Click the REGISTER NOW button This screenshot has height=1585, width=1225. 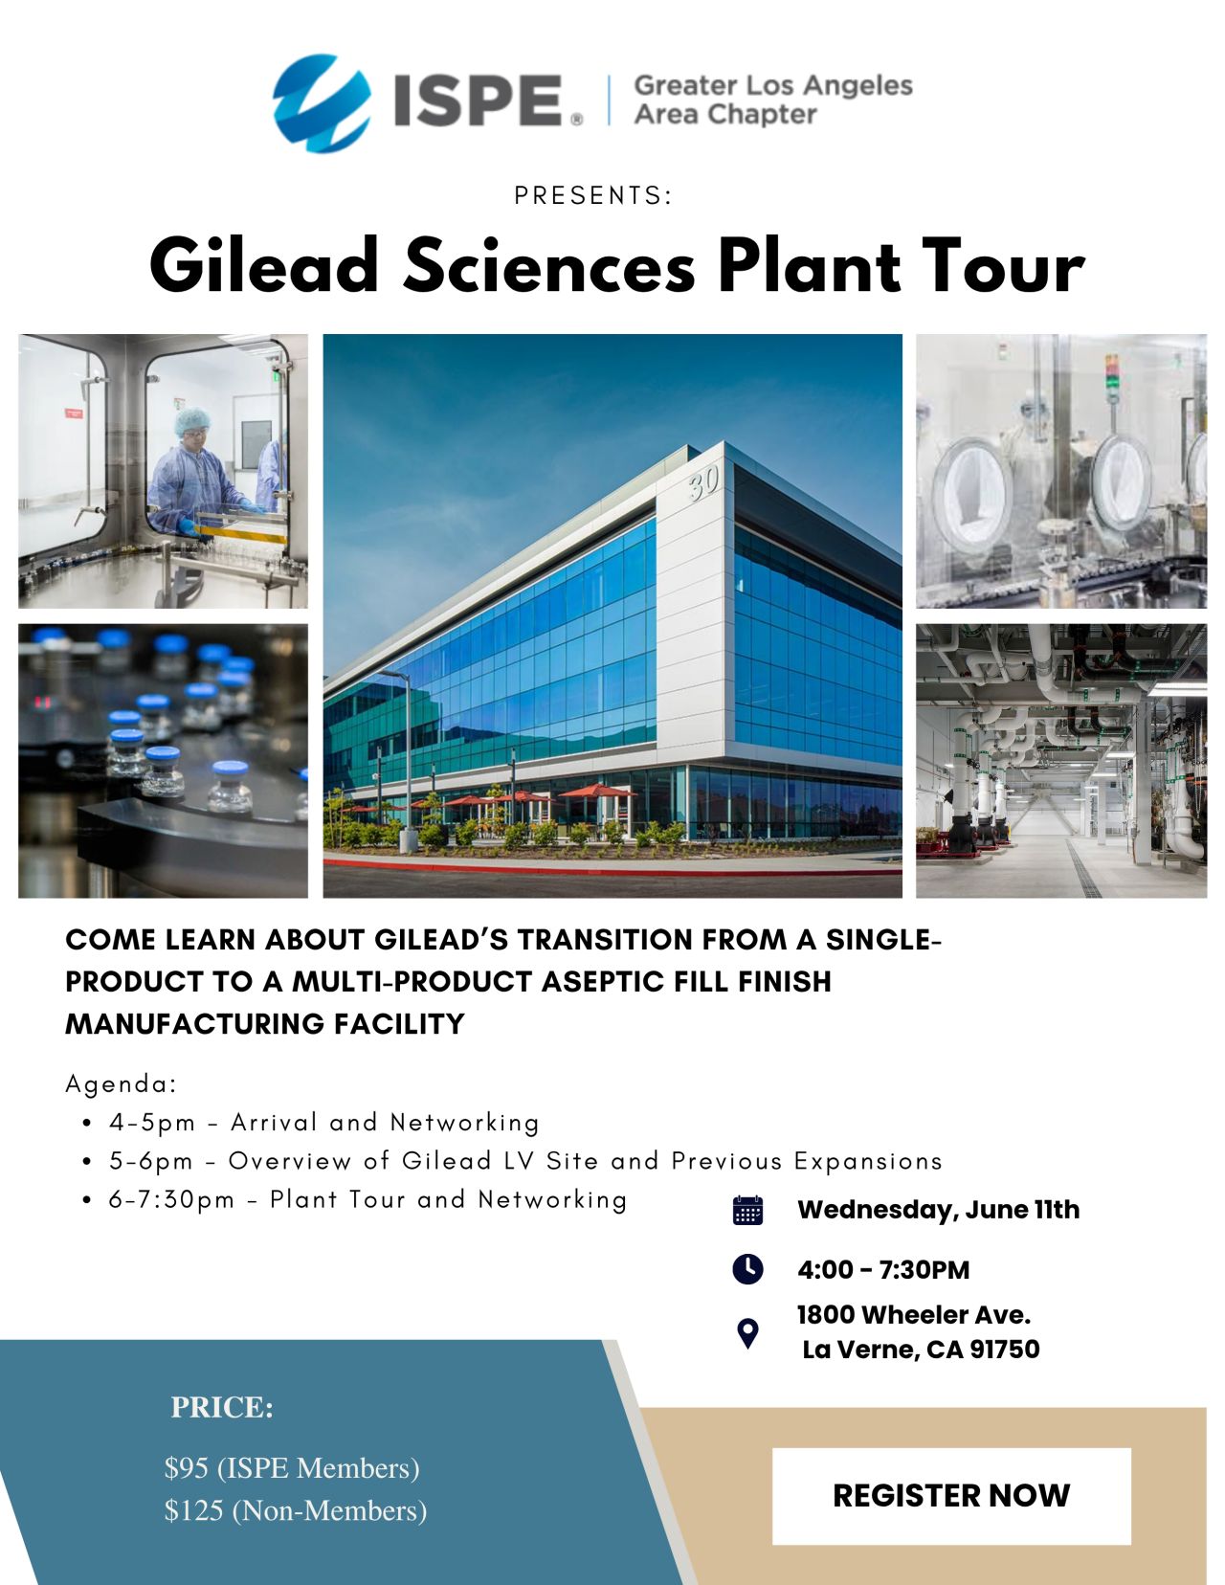pos(951,1495)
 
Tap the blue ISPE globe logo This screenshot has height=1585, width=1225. pos(322,102)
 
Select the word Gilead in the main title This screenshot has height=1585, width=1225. pos(264,265)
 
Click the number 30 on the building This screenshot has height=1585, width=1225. pos(704,483)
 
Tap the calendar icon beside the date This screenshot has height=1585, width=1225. pos(747,1210)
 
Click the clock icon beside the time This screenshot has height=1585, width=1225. pos(747,1269)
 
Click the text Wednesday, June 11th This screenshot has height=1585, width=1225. pos(939,1210)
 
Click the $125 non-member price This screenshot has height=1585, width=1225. pos(194,1510)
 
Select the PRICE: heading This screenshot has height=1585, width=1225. pos(222,1408)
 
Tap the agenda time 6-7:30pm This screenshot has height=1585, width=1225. pos(171,1200)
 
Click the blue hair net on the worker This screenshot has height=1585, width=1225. pos(192,421)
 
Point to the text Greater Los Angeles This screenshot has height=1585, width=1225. pos(773,86)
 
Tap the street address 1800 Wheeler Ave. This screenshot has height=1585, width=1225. pos(914,1315)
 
